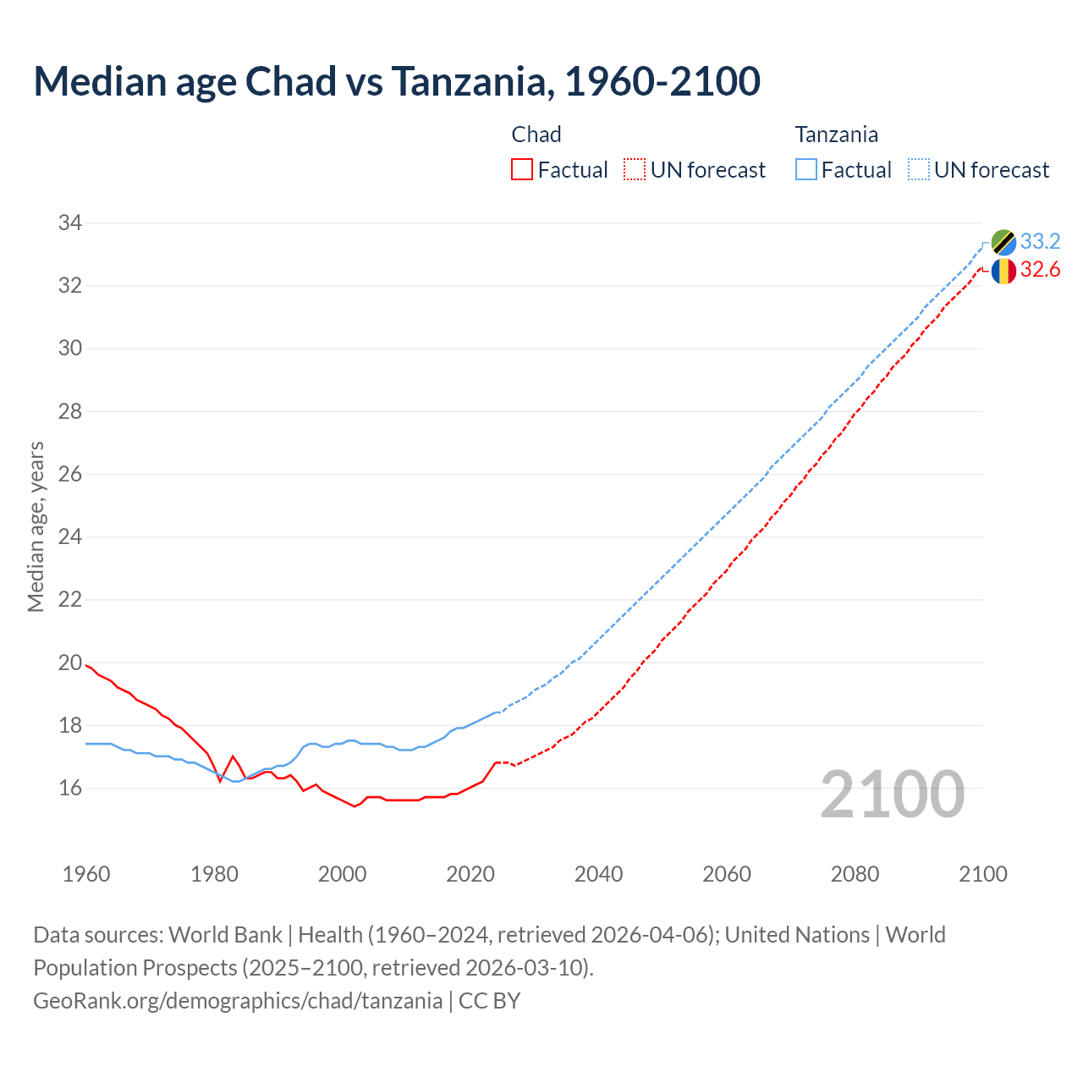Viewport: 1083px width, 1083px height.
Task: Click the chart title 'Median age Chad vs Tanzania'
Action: (x=397, y=81)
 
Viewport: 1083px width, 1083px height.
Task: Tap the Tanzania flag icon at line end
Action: (x=1003, y=242)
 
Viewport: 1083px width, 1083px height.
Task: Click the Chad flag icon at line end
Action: (x=1003, y=271)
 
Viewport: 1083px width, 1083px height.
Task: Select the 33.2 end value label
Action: (x=1040, y=242)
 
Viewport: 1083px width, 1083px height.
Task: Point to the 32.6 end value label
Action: (x=1040, y=270)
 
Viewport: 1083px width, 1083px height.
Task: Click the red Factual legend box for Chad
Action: (x=522, y=170)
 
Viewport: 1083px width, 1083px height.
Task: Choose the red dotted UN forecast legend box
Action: (x=635, y=170)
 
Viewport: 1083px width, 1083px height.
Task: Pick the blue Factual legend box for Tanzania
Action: (x=806, y=170)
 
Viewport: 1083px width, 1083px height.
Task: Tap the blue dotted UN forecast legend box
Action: (x=919, y=170)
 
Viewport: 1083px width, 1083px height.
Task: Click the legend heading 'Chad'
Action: (x=536, y=135)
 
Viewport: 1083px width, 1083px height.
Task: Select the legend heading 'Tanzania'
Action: (x=836, y=135)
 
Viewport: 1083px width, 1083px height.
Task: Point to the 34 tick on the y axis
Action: (x=70, y=223)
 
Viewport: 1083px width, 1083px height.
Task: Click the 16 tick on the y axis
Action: (x=70, y=789)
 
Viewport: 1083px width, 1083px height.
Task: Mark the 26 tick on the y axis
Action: (x=70, y=475)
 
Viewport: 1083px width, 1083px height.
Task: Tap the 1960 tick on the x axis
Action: (x=86, y=874)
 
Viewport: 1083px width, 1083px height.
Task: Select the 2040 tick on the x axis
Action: (x=598, y=874)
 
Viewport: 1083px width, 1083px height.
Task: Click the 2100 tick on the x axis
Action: (x=982, y=874)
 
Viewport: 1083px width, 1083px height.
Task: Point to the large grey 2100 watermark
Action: (x=893, y=794)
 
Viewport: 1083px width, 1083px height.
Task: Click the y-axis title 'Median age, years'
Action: (x=36, y=526)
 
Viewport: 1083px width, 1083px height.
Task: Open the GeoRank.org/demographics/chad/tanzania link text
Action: (x=238, y=1001)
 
